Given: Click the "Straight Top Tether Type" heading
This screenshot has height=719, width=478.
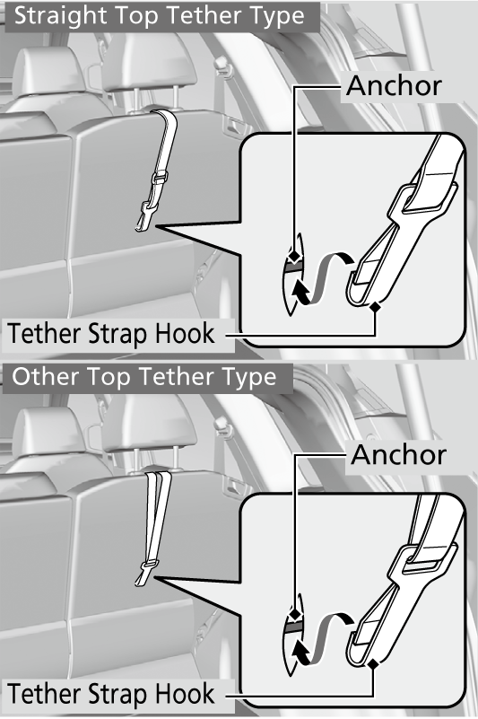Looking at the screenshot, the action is click(160, 16).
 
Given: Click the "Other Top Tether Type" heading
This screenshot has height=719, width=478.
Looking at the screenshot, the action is click(144, 377).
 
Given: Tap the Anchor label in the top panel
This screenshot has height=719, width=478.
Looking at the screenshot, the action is click(394, 86).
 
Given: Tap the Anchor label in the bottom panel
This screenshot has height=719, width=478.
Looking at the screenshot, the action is click(399, 455).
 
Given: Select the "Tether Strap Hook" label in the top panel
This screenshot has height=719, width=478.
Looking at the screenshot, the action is click(111, 333).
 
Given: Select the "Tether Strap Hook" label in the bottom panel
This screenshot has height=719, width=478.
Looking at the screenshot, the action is click(111, 693).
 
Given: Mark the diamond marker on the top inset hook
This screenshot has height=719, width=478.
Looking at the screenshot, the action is click(376, 307).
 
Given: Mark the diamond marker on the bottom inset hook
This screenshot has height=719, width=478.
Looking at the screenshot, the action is click(374, 663).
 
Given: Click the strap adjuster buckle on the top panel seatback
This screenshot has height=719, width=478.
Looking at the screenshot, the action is click(160, 177).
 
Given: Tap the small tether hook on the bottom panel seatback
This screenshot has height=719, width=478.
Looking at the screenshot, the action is click(144, 574).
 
